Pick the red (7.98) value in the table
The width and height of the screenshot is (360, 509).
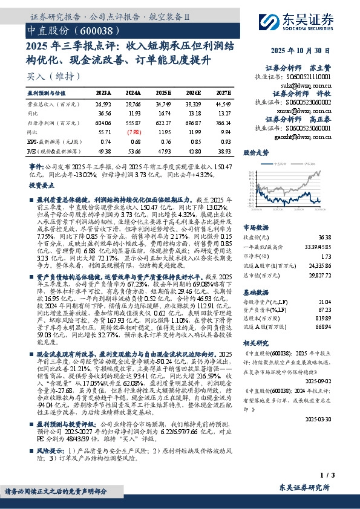point(137,131)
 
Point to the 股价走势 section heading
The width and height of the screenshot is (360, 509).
point(255,152)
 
